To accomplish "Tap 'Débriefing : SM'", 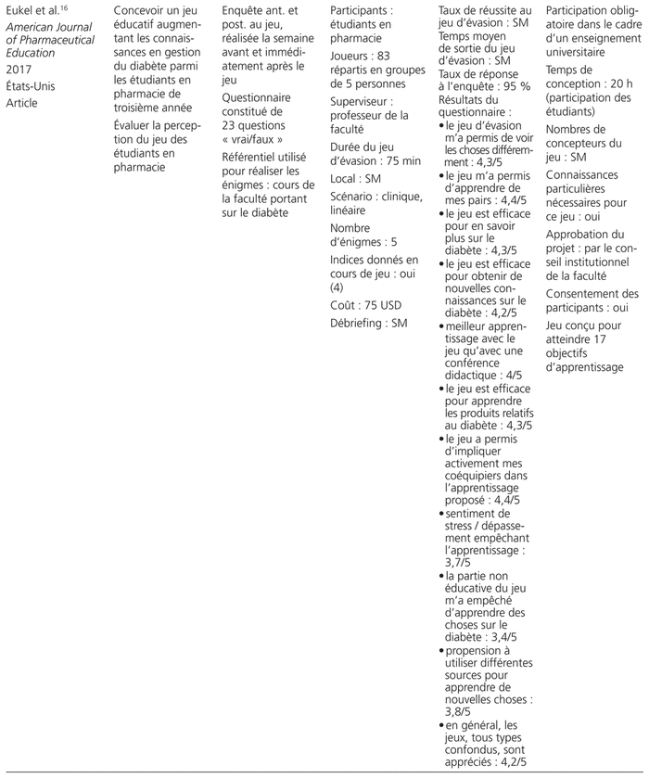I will [370, 323].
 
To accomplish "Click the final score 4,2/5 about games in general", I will [510, 761].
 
